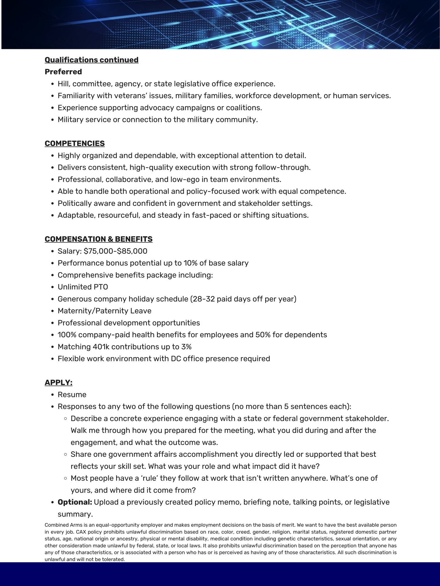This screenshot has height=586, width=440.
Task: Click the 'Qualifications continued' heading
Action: point(92,60)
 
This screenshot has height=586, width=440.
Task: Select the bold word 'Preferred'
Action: point(63,72)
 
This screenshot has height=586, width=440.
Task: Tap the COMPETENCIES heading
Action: point(75,144)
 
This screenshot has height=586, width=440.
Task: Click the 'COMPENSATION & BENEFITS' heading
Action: point(99,239)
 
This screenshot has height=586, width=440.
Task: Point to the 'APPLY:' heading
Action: point(59,383)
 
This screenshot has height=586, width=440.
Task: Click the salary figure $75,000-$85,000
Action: point(115,251)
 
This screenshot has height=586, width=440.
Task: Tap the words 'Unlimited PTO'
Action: point(83,287)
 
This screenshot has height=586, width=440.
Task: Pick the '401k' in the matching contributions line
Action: point(101,347)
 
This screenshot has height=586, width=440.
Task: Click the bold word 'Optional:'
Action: point(75,502)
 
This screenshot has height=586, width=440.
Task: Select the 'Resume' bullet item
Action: point(72,395)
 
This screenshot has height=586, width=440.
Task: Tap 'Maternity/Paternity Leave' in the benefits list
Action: point(104,311)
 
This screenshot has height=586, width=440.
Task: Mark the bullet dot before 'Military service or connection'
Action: point(53,120)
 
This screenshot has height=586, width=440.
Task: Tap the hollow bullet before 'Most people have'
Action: point(66,478)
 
